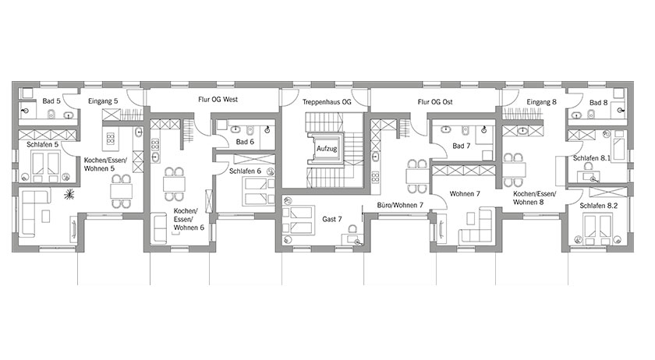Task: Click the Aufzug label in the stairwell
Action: [x=327, y=148]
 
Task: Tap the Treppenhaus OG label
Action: [x=327, y=102]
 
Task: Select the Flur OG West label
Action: [x=218, y=100]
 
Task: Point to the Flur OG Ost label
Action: [x=435, y=102]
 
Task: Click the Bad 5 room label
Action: [x=51, y=101]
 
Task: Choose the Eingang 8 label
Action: [x=541, y=102]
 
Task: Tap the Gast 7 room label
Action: [x=332, y=219]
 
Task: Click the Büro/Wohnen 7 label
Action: [x=400, y=205]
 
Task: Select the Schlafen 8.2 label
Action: [x=599, y=206]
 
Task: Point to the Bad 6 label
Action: [x=245, y=142]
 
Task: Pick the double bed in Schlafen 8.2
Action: [x=599, y=229]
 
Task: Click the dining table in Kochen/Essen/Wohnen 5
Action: [x=121, y=191]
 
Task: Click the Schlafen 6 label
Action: [x=245, y=171]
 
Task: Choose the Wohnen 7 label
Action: [x=465, y=194]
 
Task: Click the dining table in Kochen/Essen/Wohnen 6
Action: [x=174, y=184]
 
